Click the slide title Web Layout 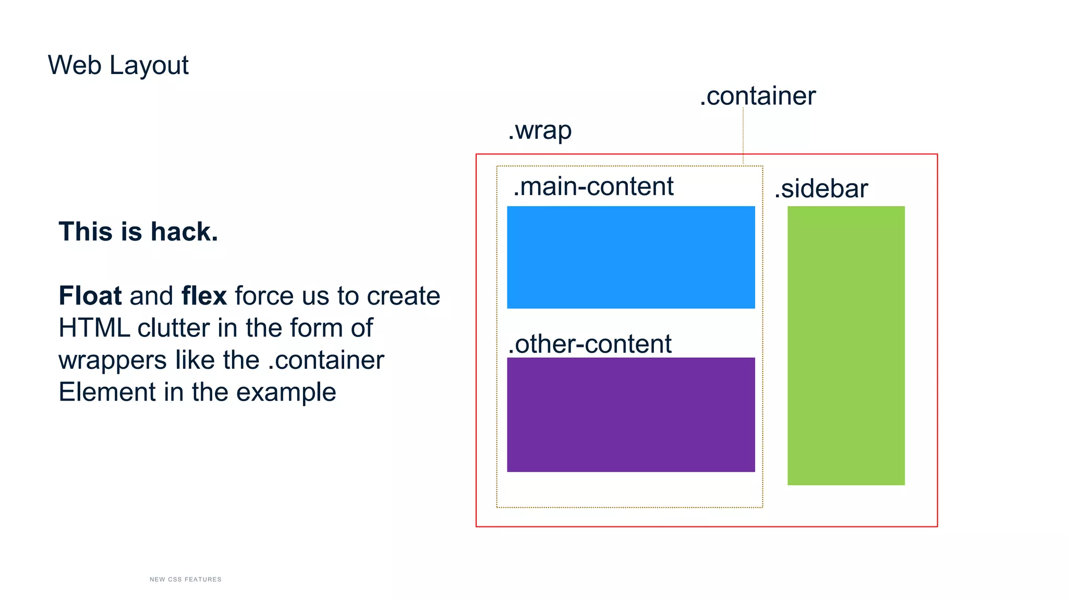coord(118,65)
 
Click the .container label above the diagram coord(758,96)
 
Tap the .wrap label coord(540,130)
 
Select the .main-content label coord(593,186)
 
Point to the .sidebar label coord(821,188)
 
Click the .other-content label coord(590,344)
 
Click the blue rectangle coord(630,257)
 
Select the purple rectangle coord(630,415)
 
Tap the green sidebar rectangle coord(846,345)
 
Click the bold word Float coord(90,296)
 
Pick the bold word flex coord(204,296)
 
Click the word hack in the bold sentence coord(184,232)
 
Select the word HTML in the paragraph coord(94,328)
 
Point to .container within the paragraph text coord(326,360)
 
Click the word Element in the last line coord(107,392)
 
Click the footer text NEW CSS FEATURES coord(185,579)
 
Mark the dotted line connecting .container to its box coord(743,136)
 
